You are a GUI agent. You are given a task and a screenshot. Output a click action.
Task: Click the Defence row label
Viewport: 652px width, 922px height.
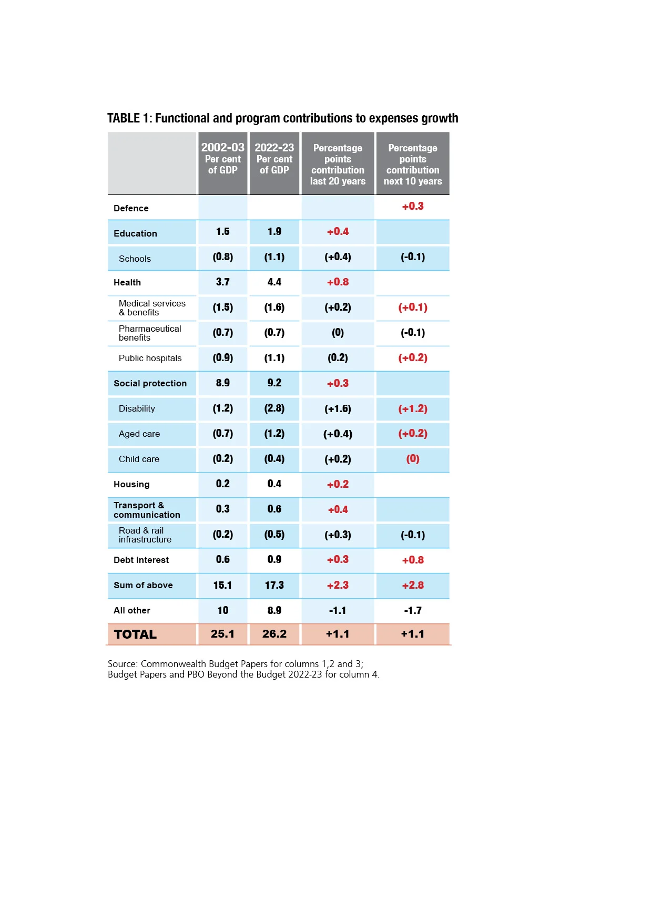(x=131, y=208)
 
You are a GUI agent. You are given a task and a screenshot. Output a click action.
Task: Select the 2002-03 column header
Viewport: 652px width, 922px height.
(x=223, y=158)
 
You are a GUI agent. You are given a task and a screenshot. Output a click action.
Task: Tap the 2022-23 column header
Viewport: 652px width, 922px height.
(x=274, y=158)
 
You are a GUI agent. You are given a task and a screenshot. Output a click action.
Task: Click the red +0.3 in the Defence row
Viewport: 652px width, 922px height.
(x=413, y=206)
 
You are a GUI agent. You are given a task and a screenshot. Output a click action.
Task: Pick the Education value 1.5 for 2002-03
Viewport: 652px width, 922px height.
(x=223, y=231)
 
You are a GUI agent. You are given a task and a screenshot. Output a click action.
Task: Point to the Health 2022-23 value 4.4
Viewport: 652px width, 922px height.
(x=274, y=282)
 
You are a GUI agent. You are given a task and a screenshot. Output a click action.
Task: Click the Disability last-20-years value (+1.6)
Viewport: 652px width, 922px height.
(x=338, y=408)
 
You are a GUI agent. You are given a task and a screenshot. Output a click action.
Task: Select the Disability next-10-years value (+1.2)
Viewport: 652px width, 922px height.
(x=413, y=408)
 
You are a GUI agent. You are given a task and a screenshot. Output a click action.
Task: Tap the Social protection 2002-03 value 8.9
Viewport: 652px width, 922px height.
(x=223, y=383)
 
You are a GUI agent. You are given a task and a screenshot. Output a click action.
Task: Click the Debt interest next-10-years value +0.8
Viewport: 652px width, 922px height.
(x=413, y=560)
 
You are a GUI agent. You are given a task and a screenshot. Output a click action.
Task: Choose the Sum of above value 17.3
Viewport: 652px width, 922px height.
(x=274, y=585)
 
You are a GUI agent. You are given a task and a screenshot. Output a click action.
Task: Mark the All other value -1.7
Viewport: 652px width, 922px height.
(x=413, y=610)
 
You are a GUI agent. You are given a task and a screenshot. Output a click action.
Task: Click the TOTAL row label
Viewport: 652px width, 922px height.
(x=135, y=634)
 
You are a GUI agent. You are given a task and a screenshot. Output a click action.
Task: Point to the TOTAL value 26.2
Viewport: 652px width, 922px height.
(x=274, y=634)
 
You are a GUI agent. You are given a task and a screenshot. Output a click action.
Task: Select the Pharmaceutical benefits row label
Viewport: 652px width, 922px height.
(x=150, y=333)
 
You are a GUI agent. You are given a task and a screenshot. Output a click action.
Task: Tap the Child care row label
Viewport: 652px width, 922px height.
(x=139, y=459)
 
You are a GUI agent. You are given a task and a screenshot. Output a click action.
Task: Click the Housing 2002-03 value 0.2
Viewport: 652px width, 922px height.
(x=223, y=484)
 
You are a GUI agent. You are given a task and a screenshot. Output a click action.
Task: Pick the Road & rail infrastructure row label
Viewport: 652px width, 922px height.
(x=145, y=535)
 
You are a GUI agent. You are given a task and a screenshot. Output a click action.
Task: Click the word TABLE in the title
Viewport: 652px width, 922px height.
(x=124, y=118)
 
